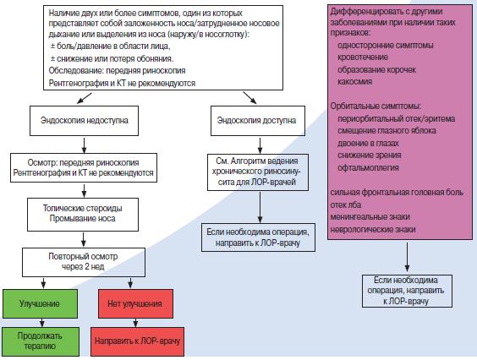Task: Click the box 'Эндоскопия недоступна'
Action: click(x=84, y=121)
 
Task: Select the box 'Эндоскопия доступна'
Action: click(x=258, y=121)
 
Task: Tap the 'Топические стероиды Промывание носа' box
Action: click(x=83, y=215)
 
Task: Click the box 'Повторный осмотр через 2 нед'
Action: click(x=84, y=262)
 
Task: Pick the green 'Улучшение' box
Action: click(x=40, y=303)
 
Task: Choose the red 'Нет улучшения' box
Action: click(x=135, y=303)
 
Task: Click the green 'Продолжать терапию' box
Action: click(x=41, y=341)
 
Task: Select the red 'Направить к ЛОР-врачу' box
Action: click(x=138, y=341)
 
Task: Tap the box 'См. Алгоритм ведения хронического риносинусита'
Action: click(x=258, y=172)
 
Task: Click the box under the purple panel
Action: click(x=407, y=291)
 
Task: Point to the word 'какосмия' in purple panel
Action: click(x=354, y=81)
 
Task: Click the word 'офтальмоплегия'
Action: click(x=368, y=167)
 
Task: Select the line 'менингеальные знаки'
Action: click(x=370, y=217)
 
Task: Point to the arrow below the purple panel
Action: click(x=407, y=257)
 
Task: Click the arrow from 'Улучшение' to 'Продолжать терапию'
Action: click(x=42, y=323)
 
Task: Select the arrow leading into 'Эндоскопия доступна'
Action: click(x=249, y=98)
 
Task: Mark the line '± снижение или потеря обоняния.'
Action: click(x=112, y=58)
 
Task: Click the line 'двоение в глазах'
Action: click(x=368, y=143)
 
